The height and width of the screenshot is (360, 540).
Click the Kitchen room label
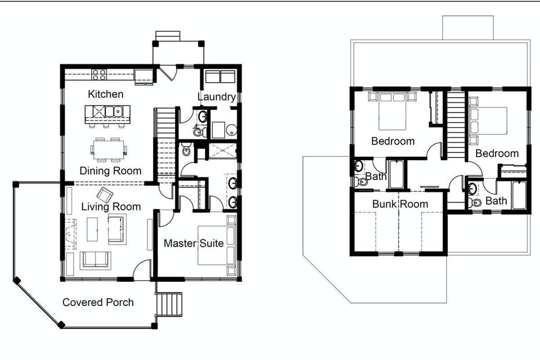pos(105,94)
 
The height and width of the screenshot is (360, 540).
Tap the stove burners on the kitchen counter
pos(100,74)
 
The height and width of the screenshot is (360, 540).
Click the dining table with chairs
pos(109,147)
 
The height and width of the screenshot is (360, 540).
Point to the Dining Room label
pos(110,170)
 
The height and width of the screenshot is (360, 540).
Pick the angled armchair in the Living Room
pos(105,195)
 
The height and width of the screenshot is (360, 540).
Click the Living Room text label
pos(111,206)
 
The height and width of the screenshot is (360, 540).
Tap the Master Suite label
pos(193,244)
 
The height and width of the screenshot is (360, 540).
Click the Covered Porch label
pos(98,302)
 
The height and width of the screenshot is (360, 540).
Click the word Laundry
pos(216,97)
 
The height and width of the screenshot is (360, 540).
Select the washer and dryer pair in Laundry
pos(220,76)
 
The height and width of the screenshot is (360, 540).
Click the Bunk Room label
pos(400,204)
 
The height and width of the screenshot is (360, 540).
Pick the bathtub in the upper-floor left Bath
pos(397,174)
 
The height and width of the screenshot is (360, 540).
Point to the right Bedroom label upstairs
pos(497,153)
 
